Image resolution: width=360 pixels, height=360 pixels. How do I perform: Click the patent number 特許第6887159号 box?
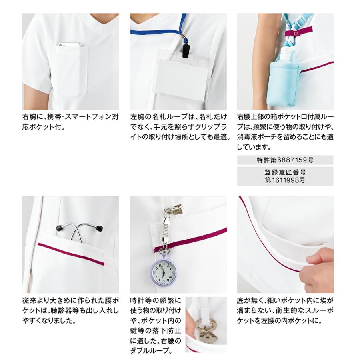coord(285,160)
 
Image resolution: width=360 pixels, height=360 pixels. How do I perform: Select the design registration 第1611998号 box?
coord(285,176)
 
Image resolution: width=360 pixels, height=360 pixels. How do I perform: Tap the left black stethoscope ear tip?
coord(59,228)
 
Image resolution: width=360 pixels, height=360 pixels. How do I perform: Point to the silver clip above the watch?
coord(174,210)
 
